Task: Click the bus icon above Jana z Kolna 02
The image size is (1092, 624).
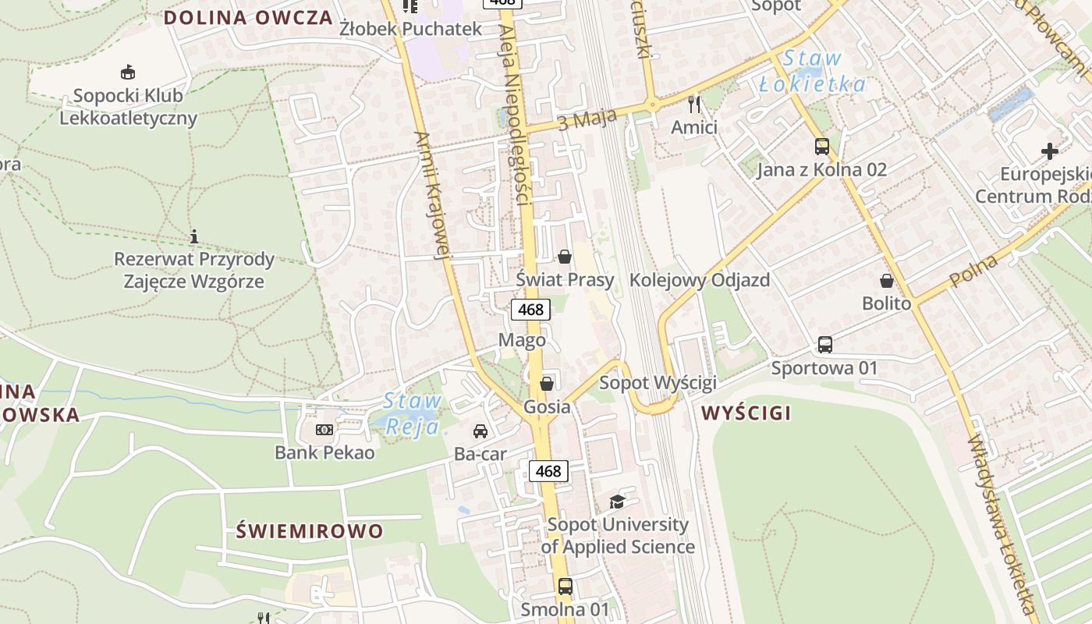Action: coord(821,146)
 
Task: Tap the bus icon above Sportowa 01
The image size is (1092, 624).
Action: coord(824,344)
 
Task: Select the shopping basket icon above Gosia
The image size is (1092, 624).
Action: coord(547,383)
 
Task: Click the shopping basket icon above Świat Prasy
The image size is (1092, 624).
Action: coord(565,256)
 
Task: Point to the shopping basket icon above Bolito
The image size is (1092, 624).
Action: coord(886,280)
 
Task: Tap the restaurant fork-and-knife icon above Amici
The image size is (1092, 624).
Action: coord(694,104)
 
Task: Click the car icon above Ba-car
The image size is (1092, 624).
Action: coord(480,431)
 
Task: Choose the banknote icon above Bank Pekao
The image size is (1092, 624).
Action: coord(324,430)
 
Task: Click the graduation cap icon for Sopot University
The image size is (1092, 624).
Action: coord(617,501)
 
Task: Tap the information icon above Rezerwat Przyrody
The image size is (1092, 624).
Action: coord(193,236)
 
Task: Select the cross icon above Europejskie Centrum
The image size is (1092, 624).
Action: coord(1050,151)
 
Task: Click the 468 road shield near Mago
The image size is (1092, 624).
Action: coord(530,310)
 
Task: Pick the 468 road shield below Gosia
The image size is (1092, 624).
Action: coord(548,471)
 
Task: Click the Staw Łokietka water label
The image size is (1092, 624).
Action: coord(813,71)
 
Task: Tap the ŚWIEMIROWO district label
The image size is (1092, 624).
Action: coord(310,532)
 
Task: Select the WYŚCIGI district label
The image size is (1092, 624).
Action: coord(746,413)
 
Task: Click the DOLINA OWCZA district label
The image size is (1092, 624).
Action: coord(248,18)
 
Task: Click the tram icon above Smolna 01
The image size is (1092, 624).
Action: coord(565,586)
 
